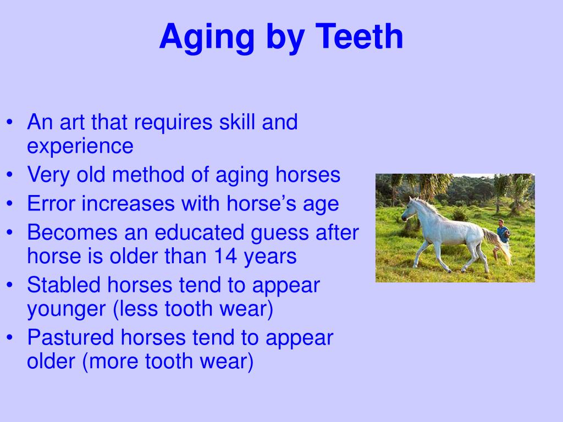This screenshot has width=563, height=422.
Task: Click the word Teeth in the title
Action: (359, 37)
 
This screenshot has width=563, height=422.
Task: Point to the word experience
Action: (80, 147)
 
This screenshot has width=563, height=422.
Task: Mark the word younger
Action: (67, 310)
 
